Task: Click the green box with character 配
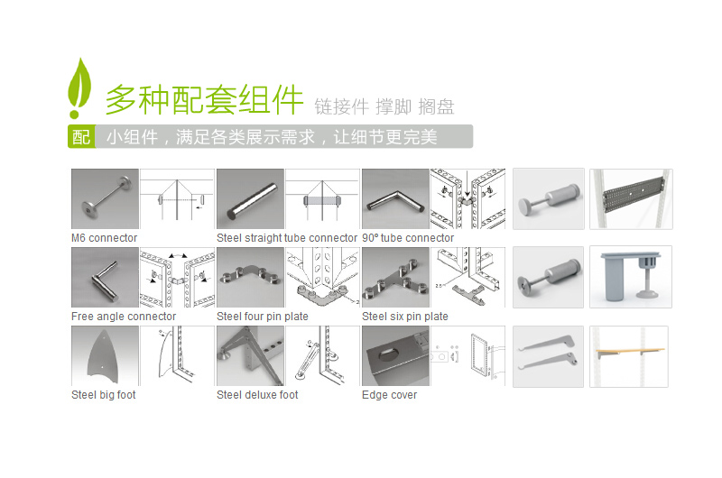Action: pos(81,137)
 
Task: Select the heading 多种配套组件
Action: pos(204,100)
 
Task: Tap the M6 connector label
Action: pos(104,238)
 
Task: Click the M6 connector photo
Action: pos(105,199)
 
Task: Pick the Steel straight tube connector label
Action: pos(287,238)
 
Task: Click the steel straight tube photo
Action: pos(250,199)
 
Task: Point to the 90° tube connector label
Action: pos(408,238)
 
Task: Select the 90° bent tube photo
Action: pos(395,199)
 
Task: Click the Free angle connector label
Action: pos(124,317)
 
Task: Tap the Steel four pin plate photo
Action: pos(250,278)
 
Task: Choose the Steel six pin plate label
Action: pos(405,317)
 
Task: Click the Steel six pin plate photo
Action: pos(395,278)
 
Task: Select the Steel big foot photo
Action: pos(105,356)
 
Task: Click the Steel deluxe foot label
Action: pos(257,395)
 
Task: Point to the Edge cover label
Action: pos(389,395)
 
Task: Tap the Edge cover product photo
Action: pos(395,356)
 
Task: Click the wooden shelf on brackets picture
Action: pos(629,356)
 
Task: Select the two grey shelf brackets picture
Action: pos(548,356)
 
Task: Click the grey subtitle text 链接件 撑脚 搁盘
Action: pos(384,106)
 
